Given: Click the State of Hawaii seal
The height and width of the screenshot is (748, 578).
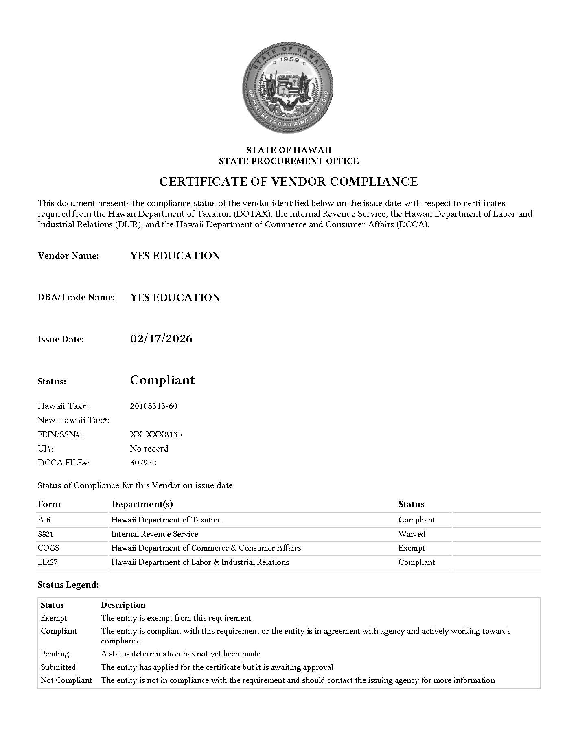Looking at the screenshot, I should tap(288, 86).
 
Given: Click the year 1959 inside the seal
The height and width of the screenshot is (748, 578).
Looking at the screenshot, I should tap(289, 60).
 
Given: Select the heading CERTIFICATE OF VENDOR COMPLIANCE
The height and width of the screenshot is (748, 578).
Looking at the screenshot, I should tap(289, 182).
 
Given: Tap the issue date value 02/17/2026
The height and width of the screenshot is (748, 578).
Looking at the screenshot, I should tap(161, 339).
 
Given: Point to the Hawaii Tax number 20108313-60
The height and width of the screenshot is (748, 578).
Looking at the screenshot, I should tap(153, 406).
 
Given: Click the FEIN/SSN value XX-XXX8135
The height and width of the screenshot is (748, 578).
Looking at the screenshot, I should tap(156, 434).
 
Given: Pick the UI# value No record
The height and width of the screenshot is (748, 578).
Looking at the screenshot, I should tap(149, 449).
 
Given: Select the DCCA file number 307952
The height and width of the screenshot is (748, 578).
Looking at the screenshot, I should tap(143, 463).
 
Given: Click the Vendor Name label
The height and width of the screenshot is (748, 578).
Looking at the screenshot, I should tap(68, 256).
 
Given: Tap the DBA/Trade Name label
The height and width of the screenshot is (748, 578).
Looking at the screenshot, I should tap(76, 297).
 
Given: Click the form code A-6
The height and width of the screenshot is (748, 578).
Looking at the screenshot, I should tap(44, 520).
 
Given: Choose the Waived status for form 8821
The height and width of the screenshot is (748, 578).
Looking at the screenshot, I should tap(412, 534).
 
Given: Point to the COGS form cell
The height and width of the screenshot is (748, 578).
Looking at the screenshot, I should tap(48, 548).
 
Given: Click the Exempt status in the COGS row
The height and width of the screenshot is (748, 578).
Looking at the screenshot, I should tap(411, 548).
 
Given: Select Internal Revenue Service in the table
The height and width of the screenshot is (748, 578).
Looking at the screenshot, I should tap(155, 534).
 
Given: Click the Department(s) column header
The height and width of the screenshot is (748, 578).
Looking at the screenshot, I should tap(142, 504).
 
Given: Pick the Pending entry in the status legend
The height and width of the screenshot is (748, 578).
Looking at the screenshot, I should tap(55, 654).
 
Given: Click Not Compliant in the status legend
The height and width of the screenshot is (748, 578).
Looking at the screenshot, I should tap(66, 680).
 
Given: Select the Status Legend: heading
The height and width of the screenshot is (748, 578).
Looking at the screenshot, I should tap(68, 585).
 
